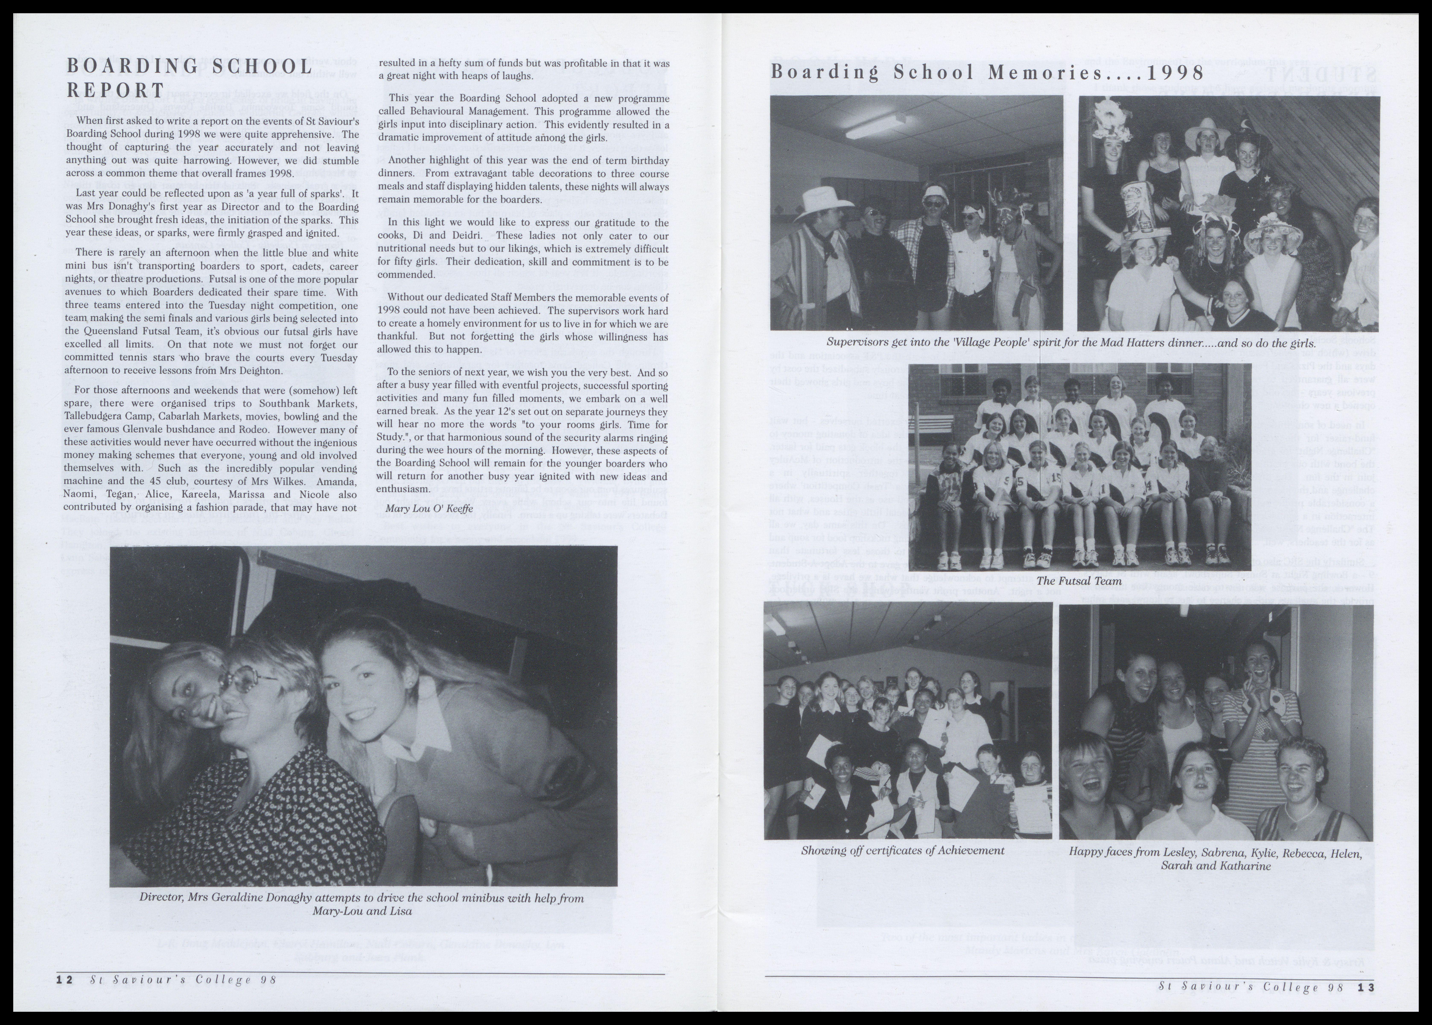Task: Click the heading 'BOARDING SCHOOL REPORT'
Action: click(x=189, y=78)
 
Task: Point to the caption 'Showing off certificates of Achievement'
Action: click(x=903, y=850)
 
